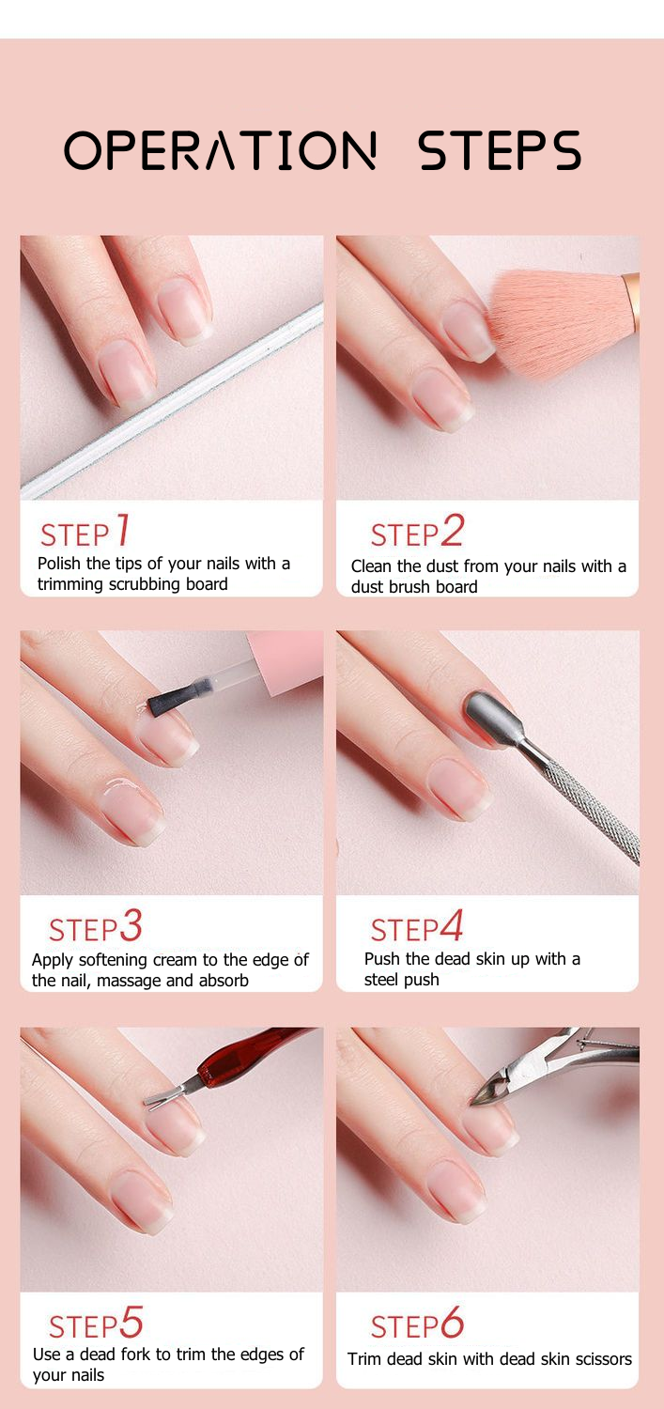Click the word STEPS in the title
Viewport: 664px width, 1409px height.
[x=500, y=150]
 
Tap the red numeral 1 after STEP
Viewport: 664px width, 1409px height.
[x=122, y=531]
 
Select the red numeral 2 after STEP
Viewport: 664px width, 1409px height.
[x=452, y=531]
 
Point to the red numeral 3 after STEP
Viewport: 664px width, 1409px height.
[x=131, y=926]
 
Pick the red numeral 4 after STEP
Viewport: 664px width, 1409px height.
[x=452, y=926]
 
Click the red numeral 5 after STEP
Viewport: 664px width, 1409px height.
[x=131, y=1323]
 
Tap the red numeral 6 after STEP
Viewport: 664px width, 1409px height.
[x=452, y=1323]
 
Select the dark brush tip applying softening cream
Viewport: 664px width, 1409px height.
[x=169, y=697]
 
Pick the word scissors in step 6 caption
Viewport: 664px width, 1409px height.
[x=601, y=1359]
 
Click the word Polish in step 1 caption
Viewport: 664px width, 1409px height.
[x=60, y=564]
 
